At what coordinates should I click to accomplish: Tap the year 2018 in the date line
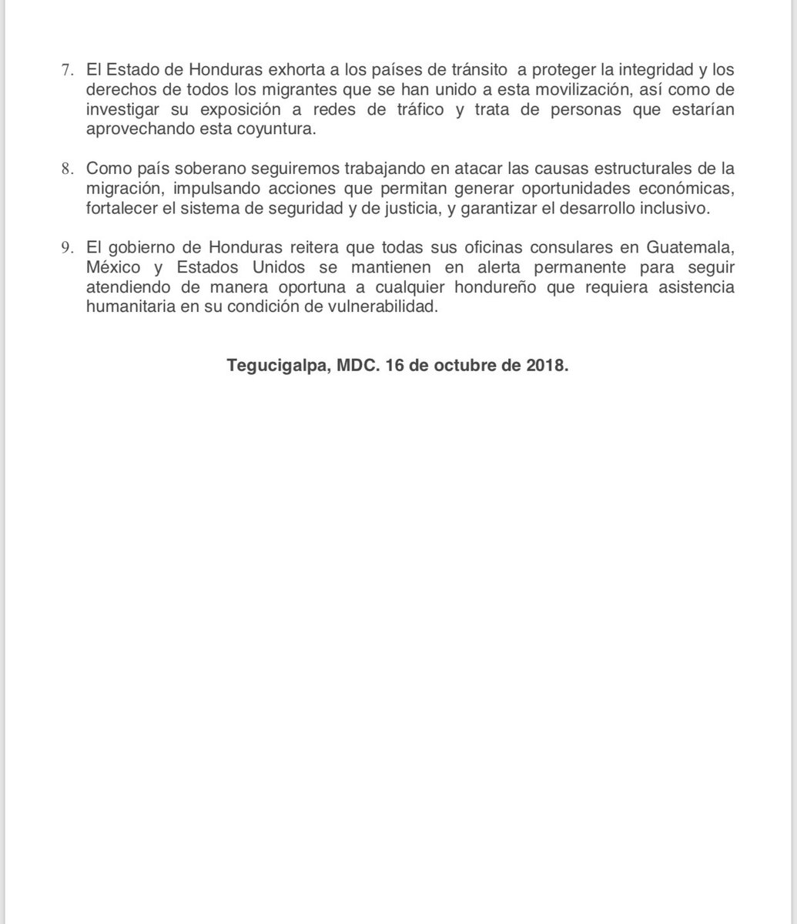click(547, 367)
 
